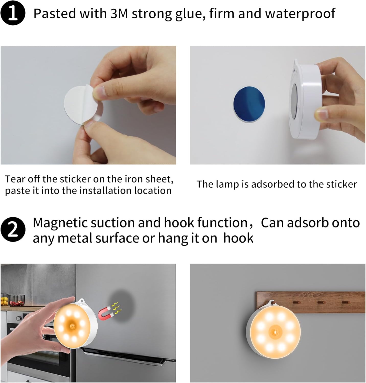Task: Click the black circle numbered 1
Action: click(x=13, y=13)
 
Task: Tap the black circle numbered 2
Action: click(x=13, y=229)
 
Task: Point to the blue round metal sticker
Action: click(x=249, y=104)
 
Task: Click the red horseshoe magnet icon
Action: click(x=105, y=314)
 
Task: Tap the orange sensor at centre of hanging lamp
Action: click(x=275, y=332)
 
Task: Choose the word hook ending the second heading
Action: click(x=238, y=238)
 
